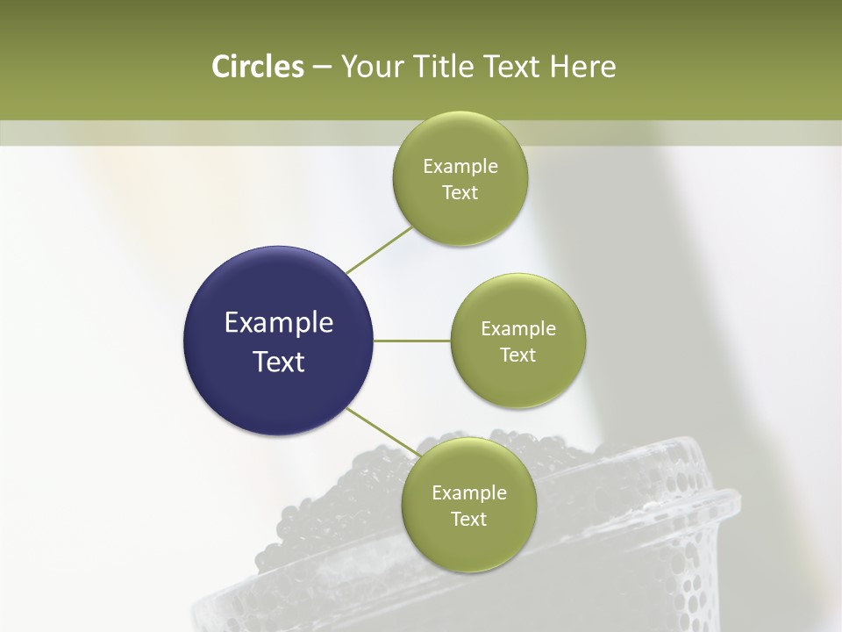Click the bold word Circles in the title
258,67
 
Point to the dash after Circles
322,68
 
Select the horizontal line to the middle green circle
412,341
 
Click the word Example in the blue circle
279,323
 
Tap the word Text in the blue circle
279,362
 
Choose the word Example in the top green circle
460,167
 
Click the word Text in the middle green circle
518,355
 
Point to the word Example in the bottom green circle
469,492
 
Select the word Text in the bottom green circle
468,519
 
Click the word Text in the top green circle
460,192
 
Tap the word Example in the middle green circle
518,329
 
